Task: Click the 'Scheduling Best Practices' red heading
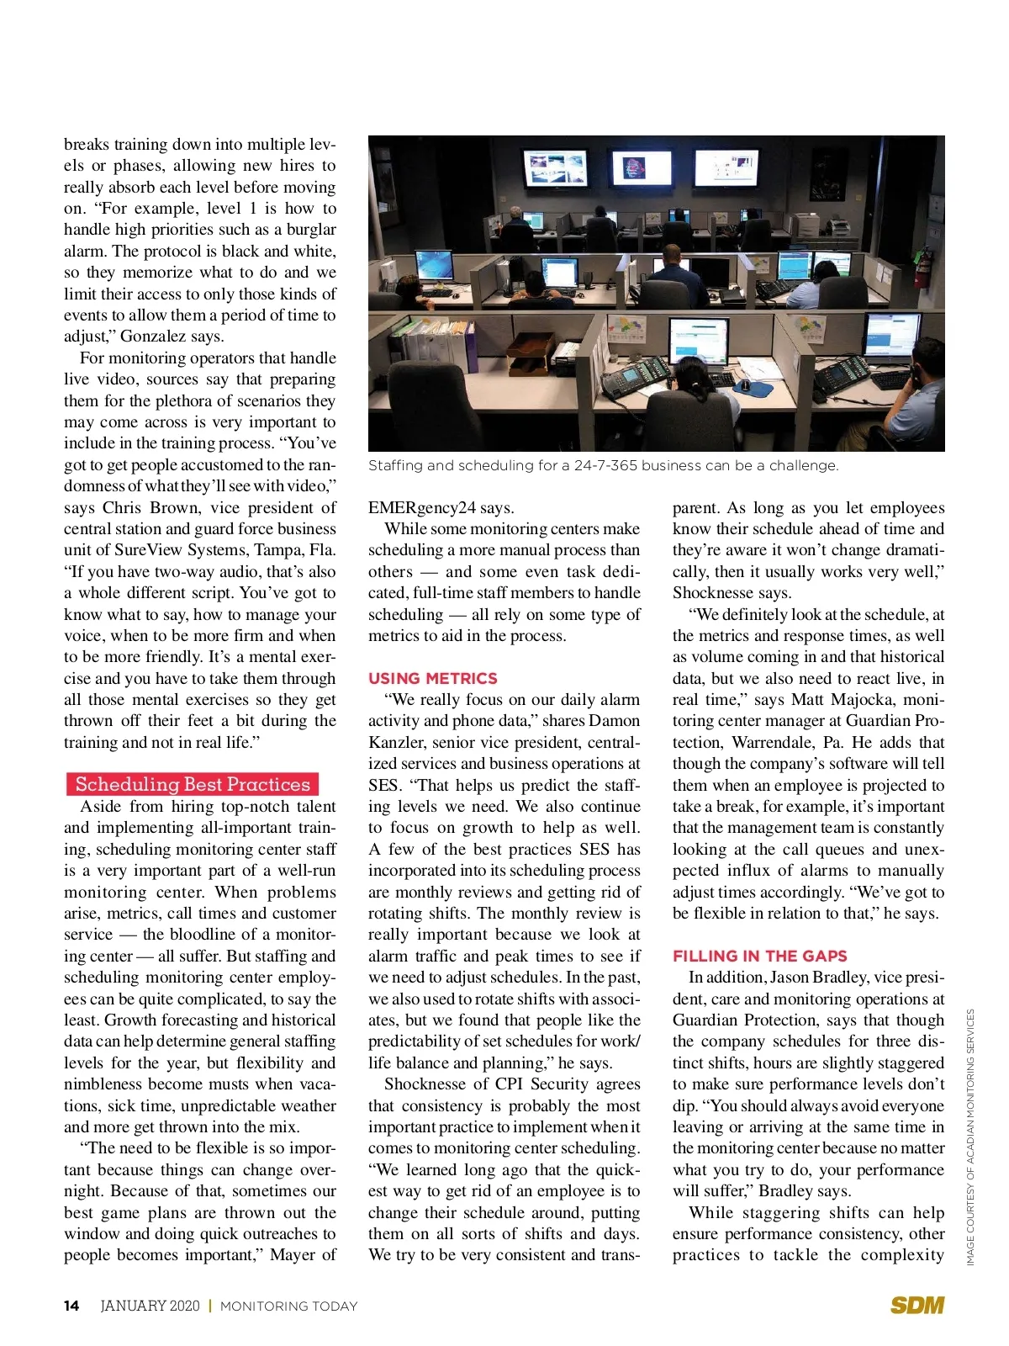[193, 784]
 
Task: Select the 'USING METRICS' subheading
[433, 678]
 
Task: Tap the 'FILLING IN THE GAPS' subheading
[760, 956]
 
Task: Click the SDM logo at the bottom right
[917, 1305]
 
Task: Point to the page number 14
[71, 1306]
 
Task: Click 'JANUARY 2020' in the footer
[151, 1306]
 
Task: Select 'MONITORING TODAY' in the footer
[289, 1306]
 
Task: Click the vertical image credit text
[970, 1136]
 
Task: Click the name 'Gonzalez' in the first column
[154, 336]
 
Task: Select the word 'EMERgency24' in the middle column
[421, 507]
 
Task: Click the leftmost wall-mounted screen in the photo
[556, 168]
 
